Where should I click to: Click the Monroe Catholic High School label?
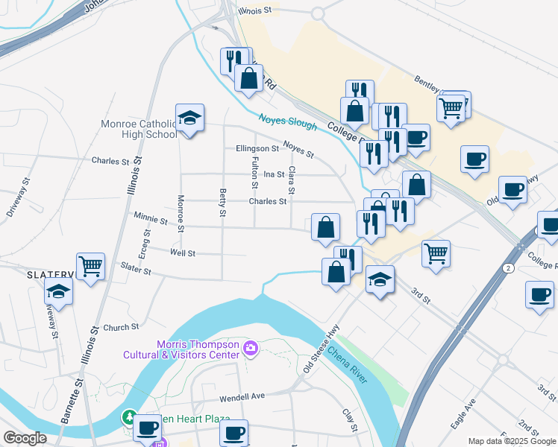tap(140, 129)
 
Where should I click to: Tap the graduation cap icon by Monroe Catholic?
tap(190, 118)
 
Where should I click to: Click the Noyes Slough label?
tap(288, 121)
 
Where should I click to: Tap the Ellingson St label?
tap(257, 148)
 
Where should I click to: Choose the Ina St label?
tap(275, 174)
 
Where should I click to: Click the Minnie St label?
tap(150, 220)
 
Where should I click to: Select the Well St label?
tap(182, 253)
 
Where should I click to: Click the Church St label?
tap(121, 326)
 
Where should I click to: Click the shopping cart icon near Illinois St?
tap(91, 266)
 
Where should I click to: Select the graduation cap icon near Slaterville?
tap(59, 293)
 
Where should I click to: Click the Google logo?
tap(25, 438)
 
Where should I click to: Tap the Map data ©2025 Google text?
tap(512, 441)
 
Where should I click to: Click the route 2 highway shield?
tap(508, 267)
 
